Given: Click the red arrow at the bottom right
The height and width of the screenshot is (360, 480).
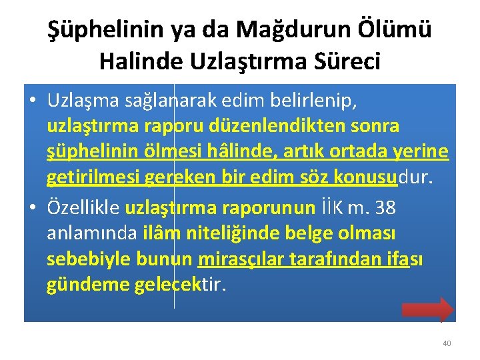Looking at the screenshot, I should [x=427, y=309].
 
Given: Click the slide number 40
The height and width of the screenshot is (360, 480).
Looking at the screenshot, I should [x=447, y=343].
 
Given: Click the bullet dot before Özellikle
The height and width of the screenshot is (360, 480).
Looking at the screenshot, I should [x=33, y=209].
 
